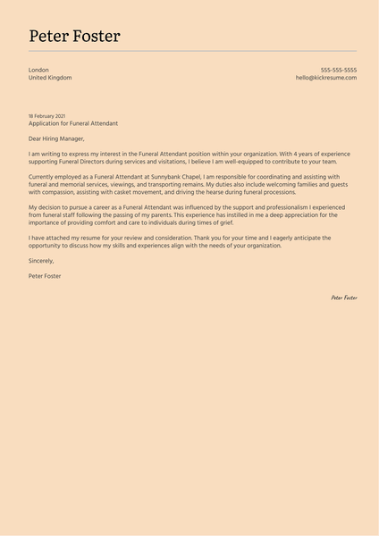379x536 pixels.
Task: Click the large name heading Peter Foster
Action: pyautogui.click(x=74, y=37)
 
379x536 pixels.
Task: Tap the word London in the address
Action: pyautogui.click(x=38, y=70)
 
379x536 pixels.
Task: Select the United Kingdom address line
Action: pyautogui.click(x=50, y=78)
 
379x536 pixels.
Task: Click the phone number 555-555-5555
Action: pyautogui.click(x=339, y=70)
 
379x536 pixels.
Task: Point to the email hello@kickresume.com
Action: pyautogui.click(x=326, y=78)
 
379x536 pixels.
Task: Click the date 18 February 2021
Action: pyautogui.click(x=46, y=116)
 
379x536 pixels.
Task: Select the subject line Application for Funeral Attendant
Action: pyautogui.click(x=72, y=123)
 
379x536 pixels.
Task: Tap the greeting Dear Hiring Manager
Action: pyautogui.click(x=56, y=138)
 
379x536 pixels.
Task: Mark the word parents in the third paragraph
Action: pyautogui.click(x=165, y=215)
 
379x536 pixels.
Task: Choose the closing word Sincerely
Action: pyautogui.click(x=41, y=261)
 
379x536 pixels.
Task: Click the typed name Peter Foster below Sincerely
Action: pyautogui.click(x=45, y=276)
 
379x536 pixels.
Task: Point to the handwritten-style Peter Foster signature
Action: pyautogui.click(x=344, y=297)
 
